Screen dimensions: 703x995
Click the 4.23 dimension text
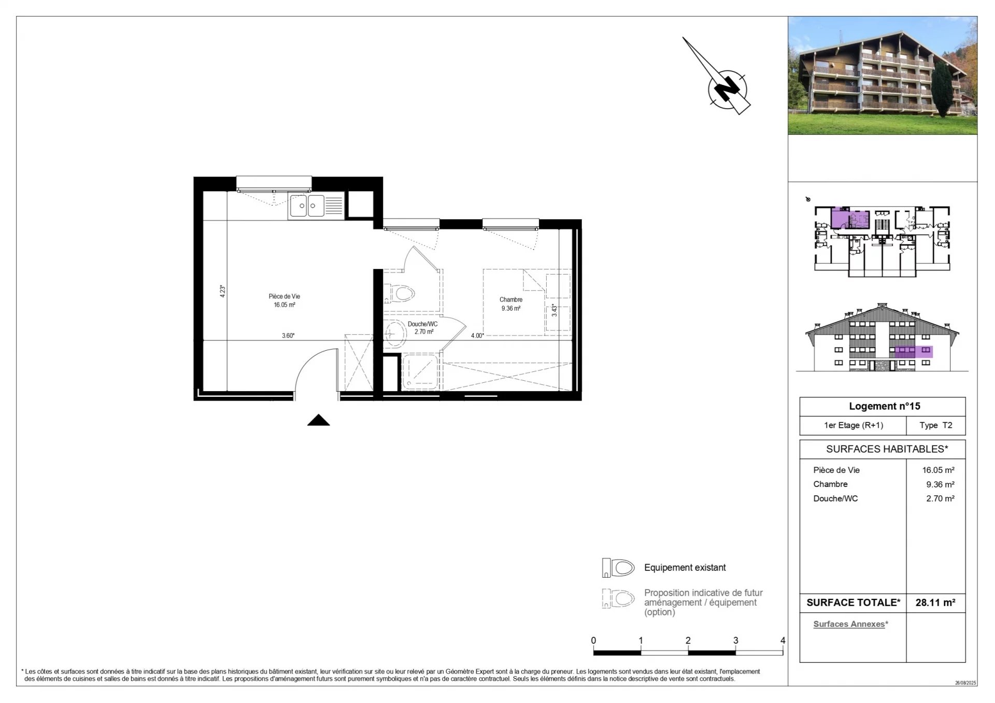223,291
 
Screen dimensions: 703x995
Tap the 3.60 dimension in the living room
288,336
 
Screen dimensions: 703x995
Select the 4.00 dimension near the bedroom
477,336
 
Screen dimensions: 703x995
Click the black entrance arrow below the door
318,421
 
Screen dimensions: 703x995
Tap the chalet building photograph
882,76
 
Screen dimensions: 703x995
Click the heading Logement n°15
884,407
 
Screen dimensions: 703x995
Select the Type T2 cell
935,425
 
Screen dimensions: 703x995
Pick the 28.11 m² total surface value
935,602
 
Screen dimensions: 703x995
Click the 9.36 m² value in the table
940,484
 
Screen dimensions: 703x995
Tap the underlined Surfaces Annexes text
849,624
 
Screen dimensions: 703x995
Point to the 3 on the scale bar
735,641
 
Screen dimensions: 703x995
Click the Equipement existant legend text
685,568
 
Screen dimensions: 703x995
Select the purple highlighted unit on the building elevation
913,352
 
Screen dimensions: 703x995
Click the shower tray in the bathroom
421,372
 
